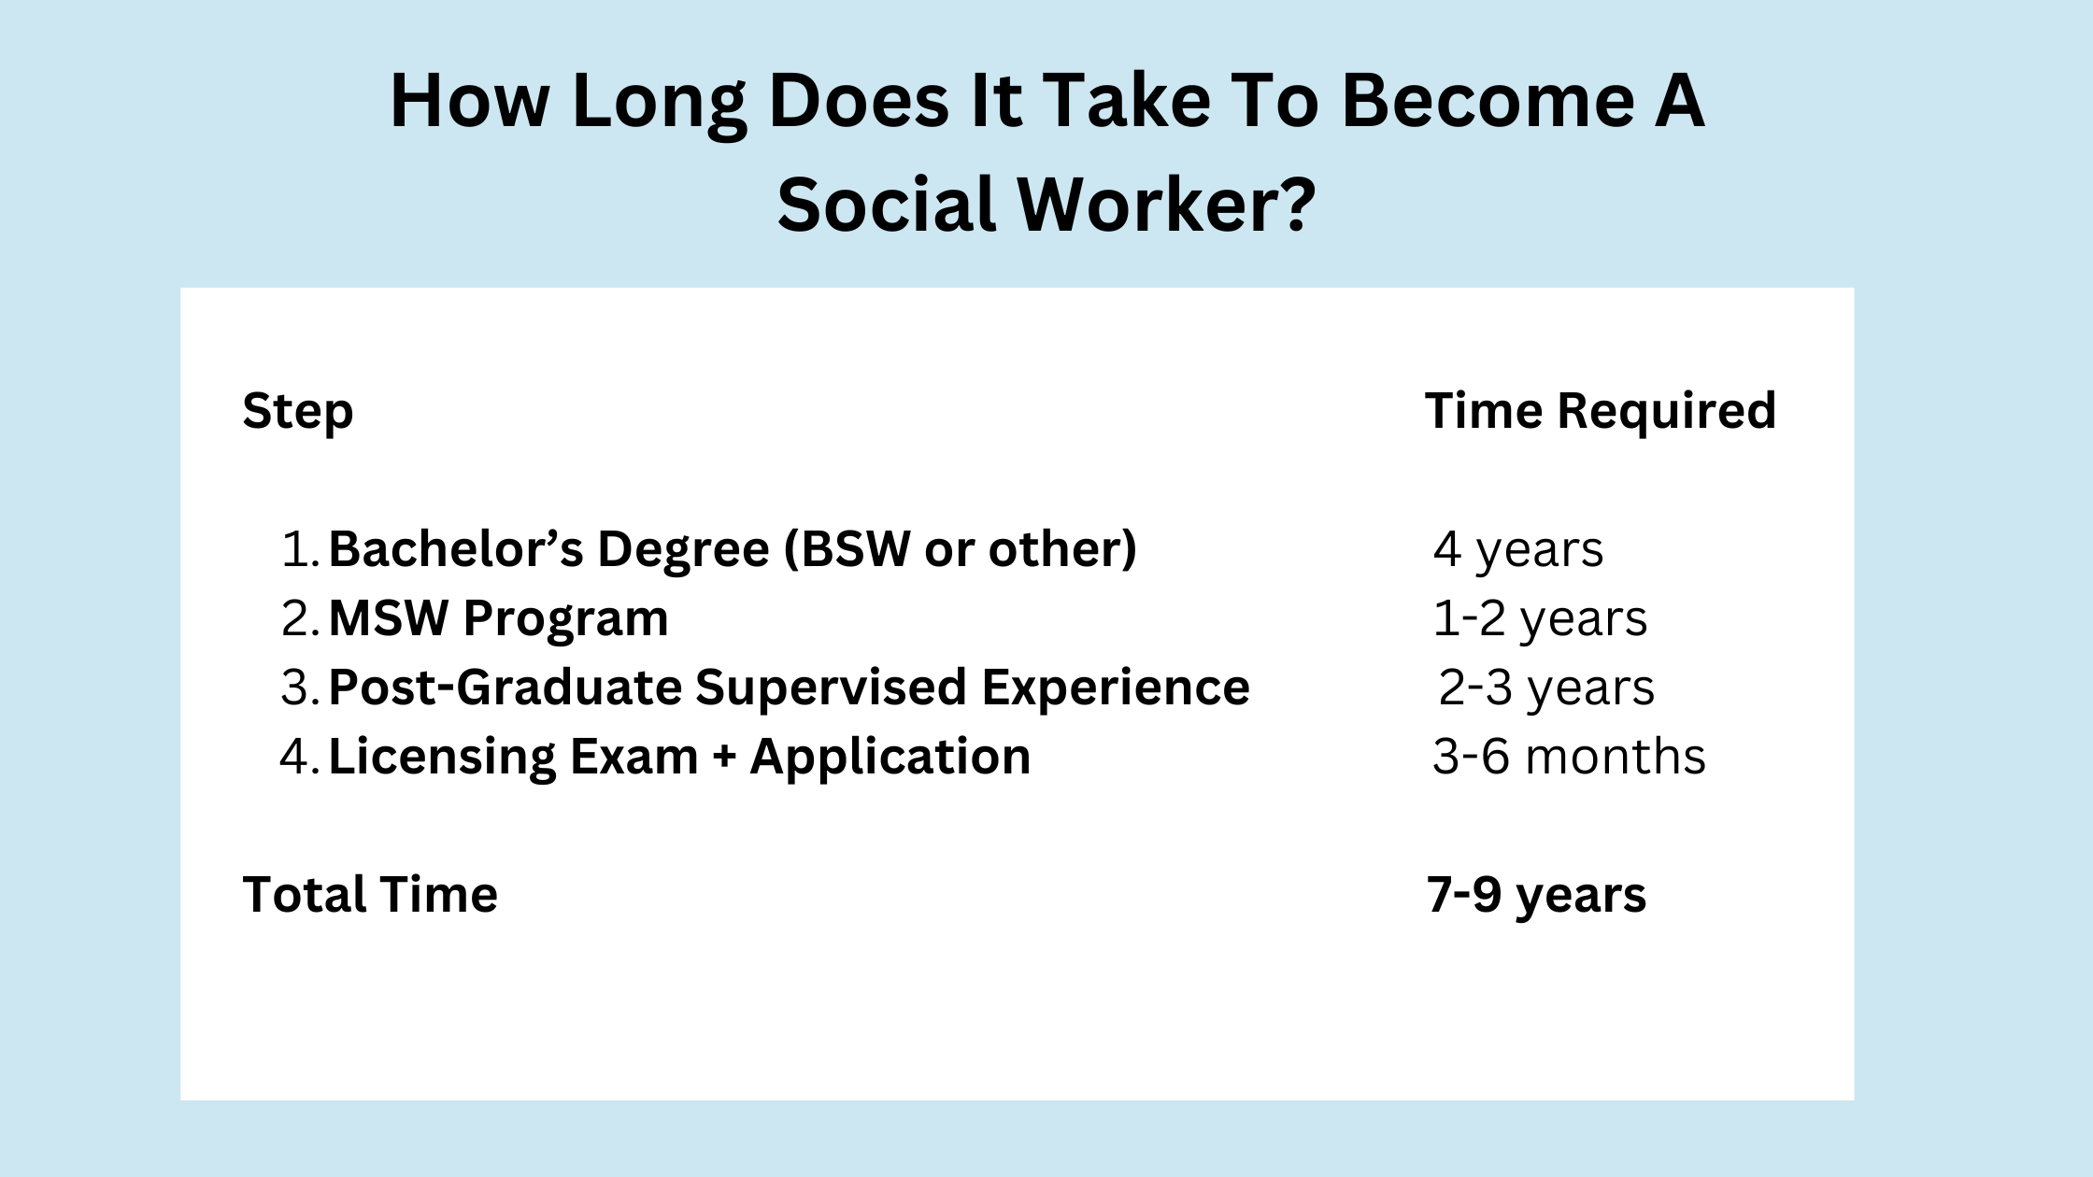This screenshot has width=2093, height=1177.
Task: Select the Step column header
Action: [x=298, y=412]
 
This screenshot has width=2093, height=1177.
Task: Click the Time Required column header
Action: [x=1600, y=411]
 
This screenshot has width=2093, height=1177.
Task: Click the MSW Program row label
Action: [x=498, y=618]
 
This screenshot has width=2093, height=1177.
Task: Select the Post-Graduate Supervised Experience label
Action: [x=789, y=688]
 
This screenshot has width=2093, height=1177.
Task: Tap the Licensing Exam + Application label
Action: [x=679, y=757]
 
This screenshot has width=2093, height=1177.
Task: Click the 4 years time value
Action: [x=1517, y=549]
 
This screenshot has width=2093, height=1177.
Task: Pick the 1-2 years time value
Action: [x=1540, y=618]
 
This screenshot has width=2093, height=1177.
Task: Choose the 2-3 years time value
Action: [x=1545, y=688]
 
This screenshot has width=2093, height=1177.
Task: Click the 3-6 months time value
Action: [x=1569, y=757]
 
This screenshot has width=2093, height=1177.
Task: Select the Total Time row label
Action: [x=370, y=895]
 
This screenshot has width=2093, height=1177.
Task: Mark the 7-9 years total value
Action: [x=1536, y=895]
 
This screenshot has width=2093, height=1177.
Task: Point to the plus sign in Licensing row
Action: [x=724, y=758]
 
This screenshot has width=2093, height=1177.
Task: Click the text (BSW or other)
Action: [x=960, y=548]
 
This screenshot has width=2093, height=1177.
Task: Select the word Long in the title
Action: [x=659, y=104]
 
